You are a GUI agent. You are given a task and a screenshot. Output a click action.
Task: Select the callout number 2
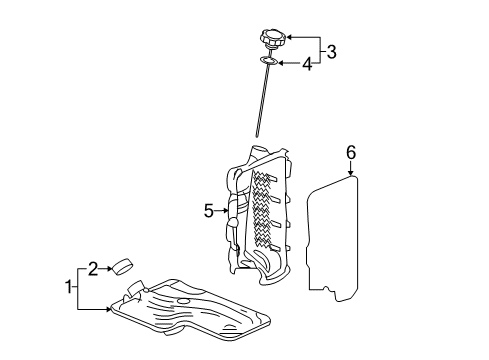(x=92, y=267)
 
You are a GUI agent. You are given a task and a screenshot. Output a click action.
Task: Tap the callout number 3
(x=332, y=50)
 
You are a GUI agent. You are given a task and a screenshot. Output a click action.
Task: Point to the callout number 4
(x=308, y=65)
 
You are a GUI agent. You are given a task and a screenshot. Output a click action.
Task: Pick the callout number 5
(x=209, y=211)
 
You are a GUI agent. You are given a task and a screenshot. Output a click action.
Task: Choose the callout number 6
(x=351, y=153)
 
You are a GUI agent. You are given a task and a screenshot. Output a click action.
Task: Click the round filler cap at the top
(x=273, y=42)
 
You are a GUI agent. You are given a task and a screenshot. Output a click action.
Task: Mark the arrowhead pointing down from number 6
(x=351, y=174)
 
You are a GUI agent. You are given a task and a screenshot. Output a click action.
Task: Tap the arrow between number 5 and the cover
(x=224, y=211)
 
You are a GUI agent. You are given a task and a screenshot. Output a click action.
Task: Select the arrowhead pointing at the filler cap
(x=291, y=38)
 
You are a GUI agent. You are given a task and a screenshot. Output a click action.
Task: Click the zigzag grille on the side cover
(x=265, y=205)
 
